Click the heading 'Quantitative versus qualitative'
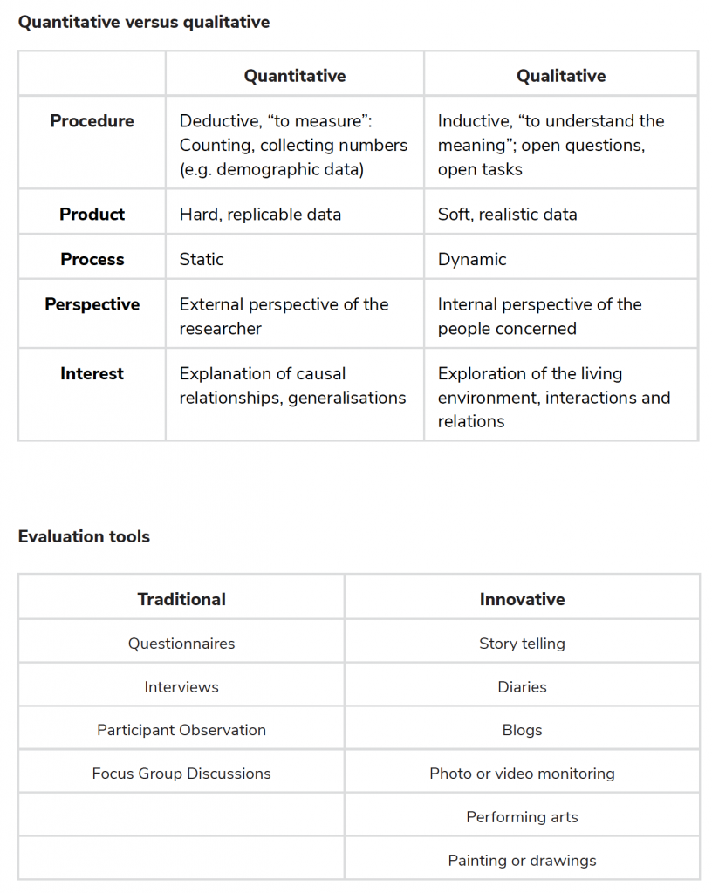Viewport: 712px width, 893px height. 144,22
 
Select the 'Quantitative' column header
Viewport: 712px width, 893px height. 295,76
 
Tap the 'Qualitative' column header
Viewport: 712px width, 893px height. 561,76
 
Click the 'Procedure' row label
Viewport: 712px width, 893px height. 92,121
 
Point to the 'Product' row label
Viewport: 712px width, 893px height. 92,214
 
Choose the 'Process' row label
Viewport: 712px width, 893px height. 92,259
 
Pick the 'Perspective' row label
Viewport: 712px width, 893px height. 92,304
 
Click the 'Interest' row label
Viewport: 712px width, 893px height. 92,373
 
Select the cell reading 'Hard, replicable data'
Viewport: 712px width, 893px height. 260,214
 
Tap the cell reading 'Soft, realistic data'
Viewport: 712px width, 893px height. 507,214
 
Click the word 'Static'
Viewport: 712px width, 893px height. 202,259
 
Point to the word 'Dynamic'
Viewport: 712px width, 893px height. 472,259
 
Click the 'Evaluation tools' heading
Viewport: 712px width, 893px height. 84,536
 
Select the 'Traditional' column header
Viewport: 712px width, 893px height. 181,599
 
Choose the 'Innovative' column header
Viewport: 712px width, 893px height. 522,599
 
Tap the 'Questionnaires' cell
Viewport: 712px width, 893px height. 181,644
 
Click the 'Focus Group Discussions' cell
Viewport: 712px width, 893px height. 181,774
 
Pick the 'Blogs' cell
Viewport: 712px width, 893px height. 522,730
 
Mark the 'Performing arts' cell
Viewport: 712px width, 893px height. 522,817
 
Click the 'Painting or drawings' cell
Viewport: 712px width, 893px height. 522,861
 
